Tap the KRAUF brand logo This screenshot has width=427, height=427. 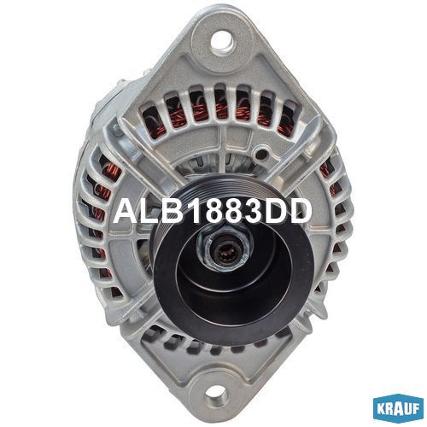pos(398,409)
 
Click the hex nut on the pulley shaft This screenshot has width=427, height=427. pos(224,247)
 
